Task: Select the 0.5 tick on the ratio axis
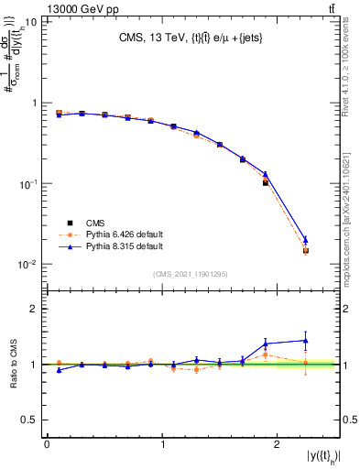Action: (29, 420)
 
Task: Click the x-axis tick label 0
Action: (47, 444)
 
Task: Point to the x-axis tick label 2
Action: (278, 444)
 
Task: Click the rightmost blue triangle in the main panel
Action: (306, 240)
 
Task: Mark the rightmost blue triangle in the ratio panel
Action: (306, 340)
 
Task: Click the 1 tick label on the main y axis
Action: (35, 104)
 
